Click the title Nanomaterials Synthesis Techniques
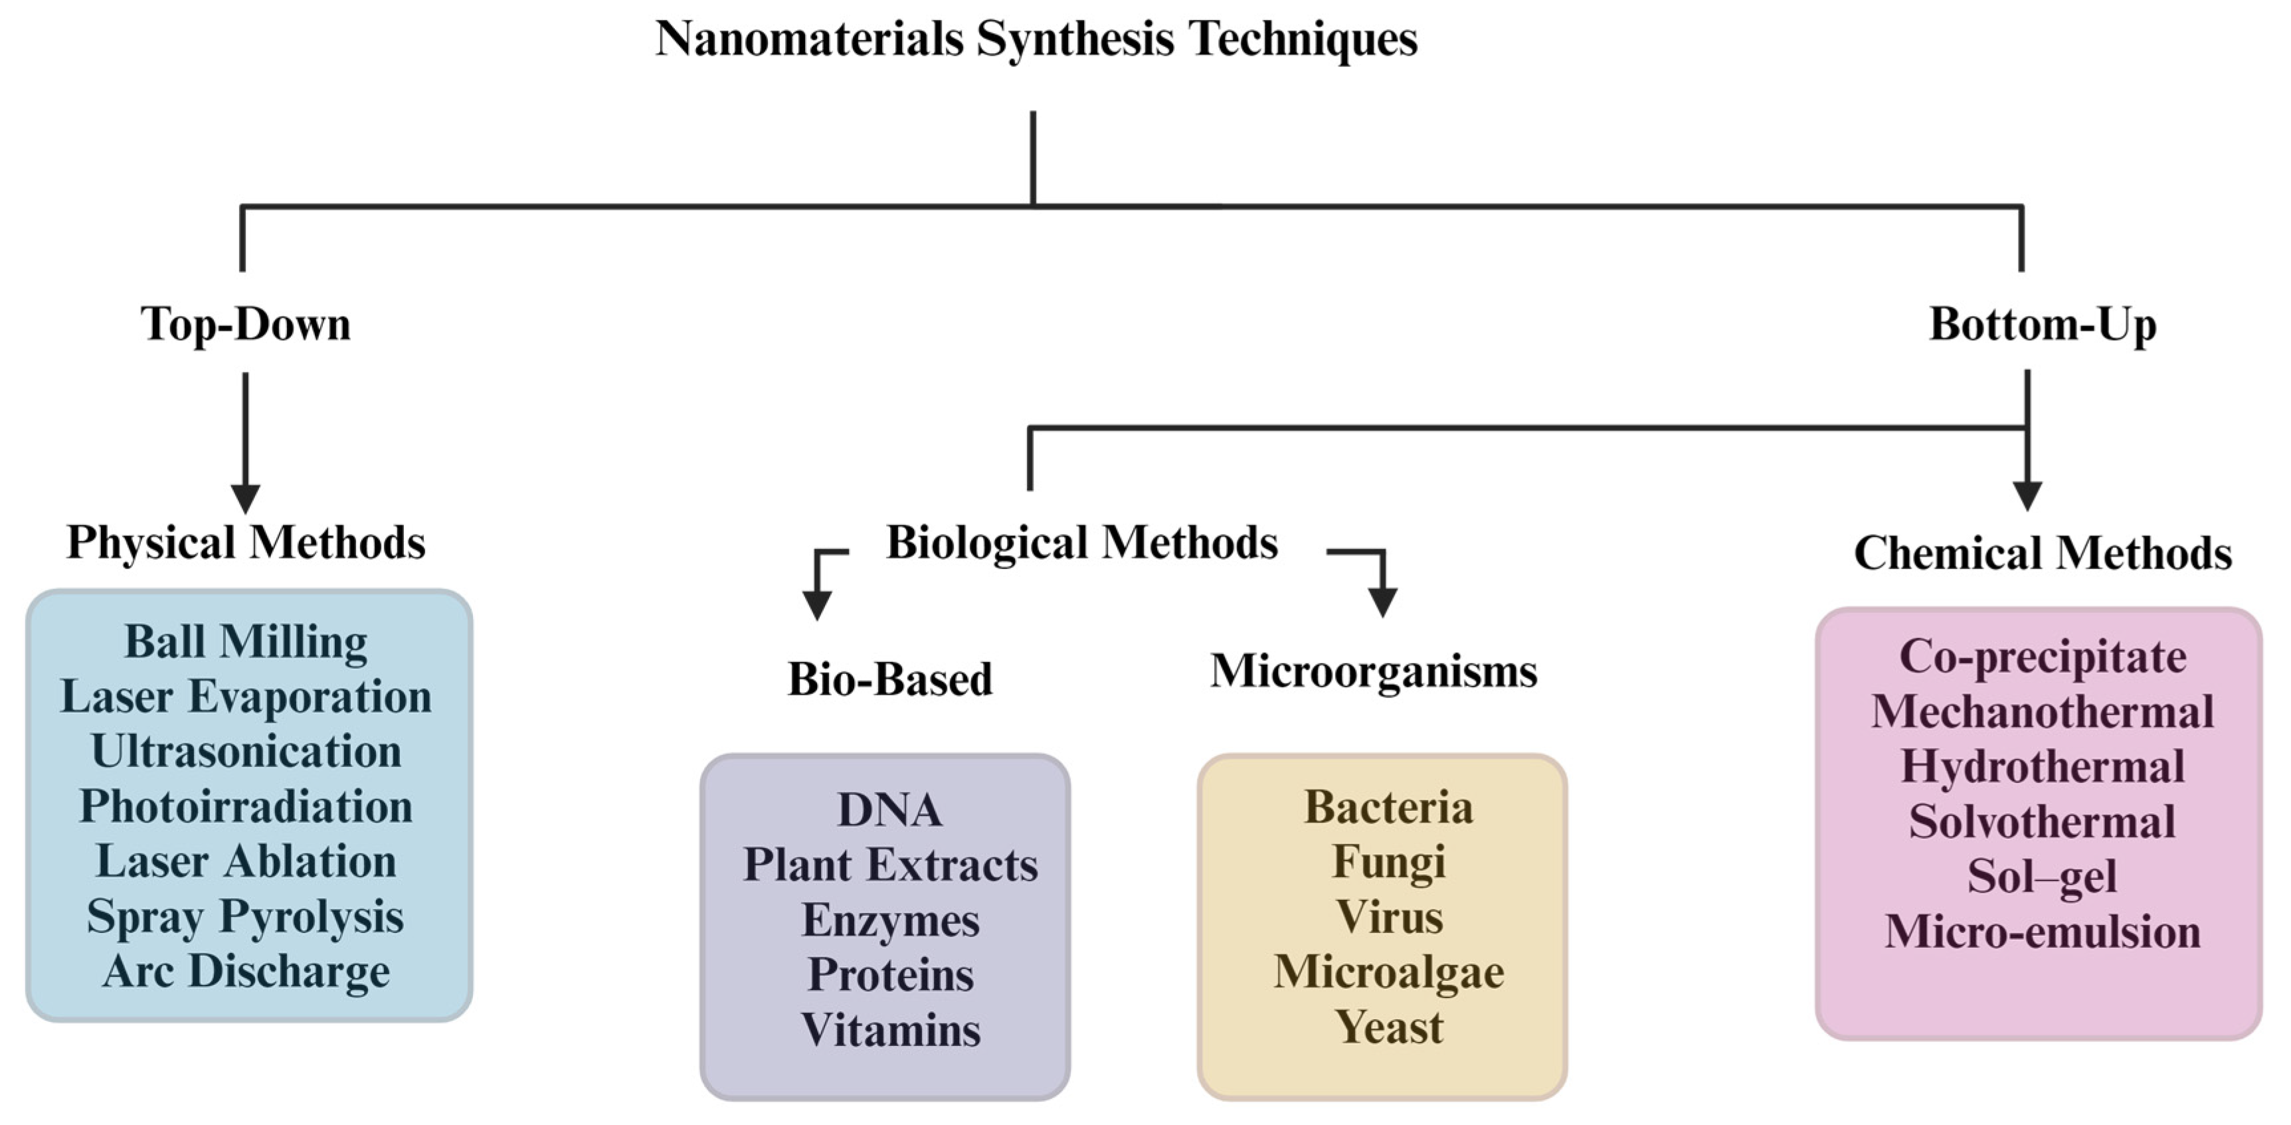point(1036,39)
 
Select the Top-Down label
point(246,323)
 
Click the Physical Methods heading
point(246,543)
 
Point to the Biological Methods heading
point(1081,543)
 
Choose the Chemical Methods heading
point(2042,553)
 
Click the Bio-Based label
point(889,679)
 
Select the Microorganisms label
point(1373,671)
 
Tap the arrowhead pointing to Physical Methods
point(246,498)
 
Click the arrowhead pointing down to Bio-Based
point(816,606)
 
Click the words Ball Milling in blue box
point(246,642)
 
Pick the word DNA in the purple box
point(889,810)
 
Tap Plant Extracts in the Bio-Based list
point(889,865)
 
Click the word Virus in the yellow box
point(1388,918)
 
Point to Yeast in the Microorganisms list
point(1388,1028)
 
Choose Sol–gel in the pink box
point(2041,877)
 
